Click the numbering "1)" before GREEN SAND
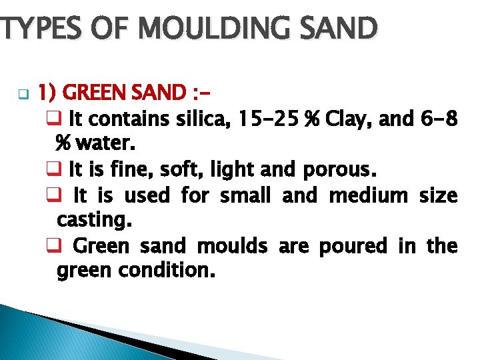pyautogui.click(x=49, y=91)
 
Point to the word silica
pyautogui.click(x=204, y=120)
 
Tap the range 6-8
pyautogui.click(x=440, y=120)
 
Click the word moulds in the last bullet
pyautogui.click(x=232, y=246)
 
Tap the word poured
pyautogui.click(x=353, y=246)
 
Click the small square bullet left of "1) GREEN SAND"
pyautogui.click(x=20, y=93)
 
